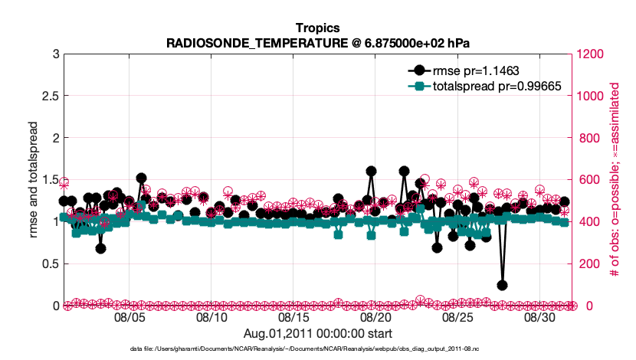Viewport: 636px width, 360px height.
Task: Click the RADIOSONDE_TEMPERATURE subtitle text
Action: click(x=317, y=43)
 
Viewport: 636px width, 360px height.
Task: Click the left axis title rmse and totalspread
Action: click(x=32, y=180)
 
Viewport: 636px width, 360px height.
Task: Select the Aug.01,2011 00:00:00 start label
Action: click(x=317, y=333)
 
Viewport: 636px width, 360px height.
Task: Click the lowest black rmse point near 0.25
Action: click(x=502, y=285)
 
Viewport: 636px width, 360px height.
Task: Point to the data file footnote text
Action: click(x=317, y=349)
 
